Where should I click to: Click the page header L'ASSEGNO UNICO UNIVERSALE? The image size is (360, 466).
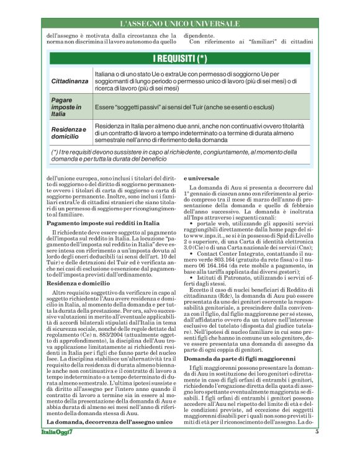[179, 24]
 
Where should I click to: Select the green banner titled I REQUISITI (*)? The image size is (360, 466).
[179, 59]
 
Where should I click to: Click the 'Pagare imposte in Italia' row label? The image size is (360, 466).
[66, 107]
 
